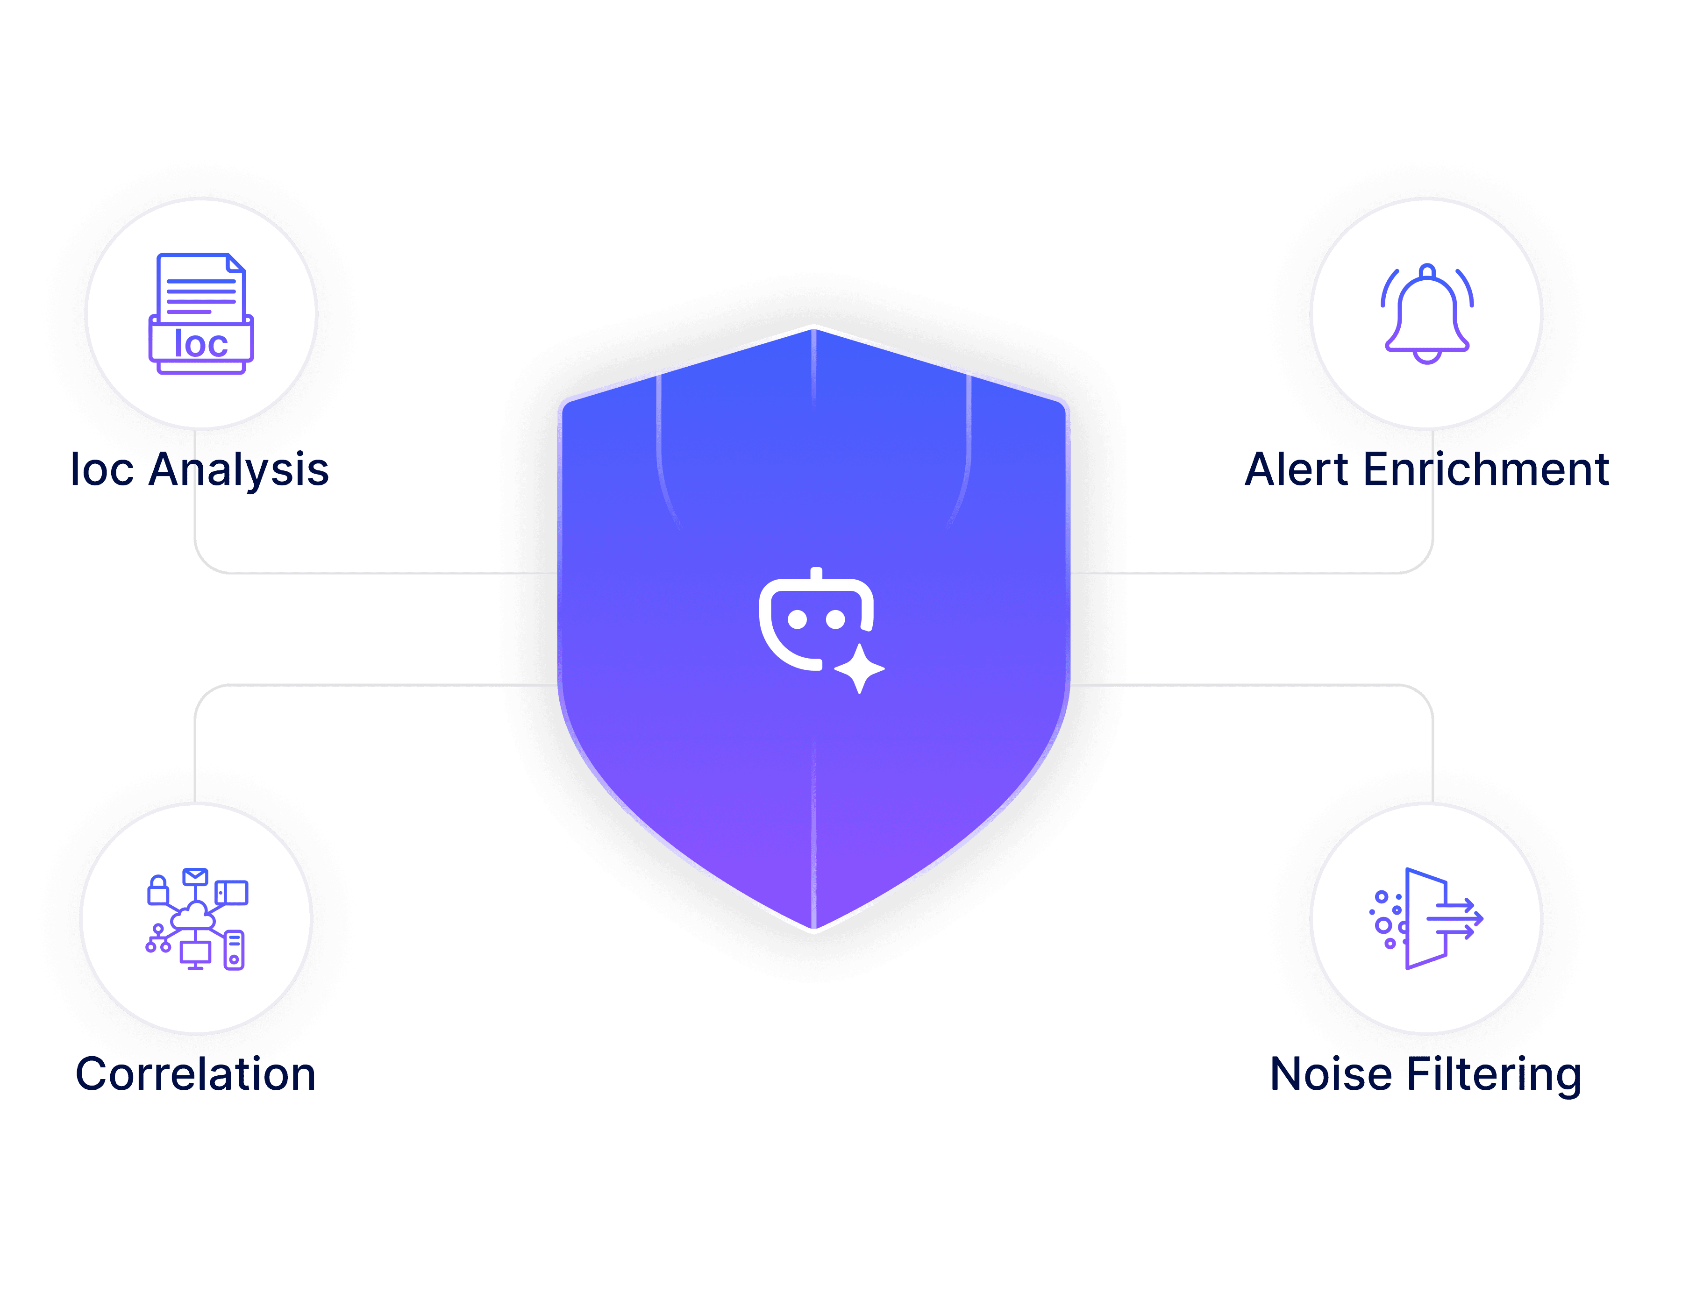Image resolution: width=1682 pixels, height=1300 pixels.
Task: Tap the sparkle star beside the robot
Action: (860, 668)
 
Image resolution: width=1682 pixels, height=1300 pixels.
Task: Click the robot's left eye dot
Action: (797, 619)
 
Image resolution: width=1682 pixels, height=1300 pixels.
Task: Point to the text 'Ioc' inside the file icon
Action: (201, 343)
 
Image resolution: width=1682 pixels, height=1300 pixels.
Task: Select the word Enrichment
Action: (1486, 470)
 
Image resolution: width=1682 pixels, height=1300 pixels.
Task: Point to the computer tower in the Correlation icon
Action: (234, 950)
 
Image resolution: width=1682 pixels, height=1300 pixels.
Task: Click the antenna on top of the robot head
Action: (816, 573)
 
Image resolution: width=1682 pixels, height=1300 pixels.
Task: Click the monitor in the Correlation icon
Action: (196, 953)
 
